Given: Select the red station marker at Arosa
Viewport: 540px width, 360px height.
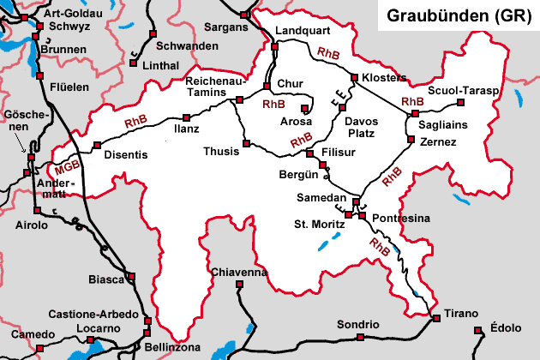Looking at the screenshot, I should pyautogui.click(x=305, y=108).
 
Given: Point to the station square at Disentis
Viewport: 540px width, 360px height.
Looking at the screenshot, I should pyautogui.click(x=98, y=145).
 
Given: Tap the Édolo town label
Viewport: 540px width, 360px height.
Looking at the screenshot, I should pyautogui.click(x=506, y=327).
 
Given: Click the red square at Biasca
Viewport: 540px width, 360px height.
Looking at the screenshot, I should pyautogui.click(x=132, y=276).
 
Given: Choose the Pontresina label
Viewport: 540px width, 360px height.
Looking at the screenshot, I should pyautogui.click(x=401, y=219).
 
